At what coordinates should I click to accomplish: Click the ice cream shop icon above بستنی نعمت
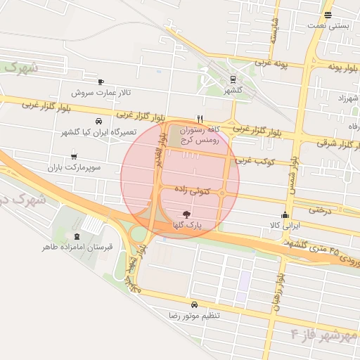point(328,15)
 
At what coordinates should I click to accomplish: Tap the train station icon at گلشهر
point(233,79)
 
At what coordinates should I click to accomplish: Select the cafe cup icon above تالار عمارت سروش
point(101,82)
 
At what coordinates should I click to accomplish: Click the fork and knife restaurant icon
point(200,119)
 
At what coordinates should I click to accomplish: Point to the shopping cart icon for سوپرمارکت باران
point(75,157)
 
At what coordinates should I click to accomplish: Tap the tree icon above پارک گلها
point(186,214)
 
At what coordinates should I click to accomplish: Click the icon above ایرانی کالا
point(285,215)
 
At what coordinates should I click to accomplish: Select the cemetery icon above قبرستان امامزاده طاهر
point(77,236)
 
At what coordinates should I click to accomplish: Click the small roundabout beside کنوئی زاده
point(223,193)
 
